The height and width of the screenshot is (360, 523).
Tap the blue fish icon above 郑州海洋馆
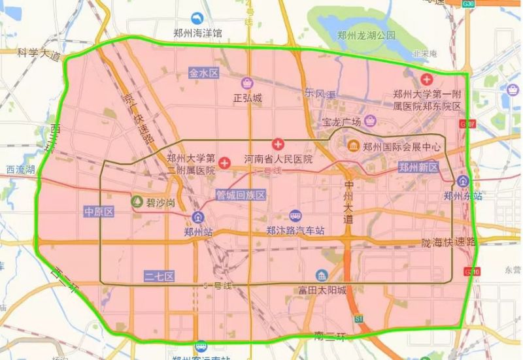coord(195,19)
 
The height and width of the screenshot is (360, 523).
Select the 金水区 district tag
coord(203,73)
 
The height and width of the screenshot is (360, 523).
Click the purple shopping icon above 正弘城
coord(247,83)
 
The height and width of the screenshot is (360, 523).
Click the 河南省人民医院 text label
coord(278,159)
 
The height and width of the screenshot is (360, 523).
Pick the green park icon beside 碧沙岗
coord(137,202)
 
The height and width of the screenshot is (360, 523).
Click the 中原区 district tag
coord(99,211)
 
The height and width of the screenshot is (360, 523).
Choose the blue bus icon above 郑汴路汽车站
coord(296,216)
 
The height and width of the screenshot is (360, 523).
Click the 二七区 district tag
coord(159,276)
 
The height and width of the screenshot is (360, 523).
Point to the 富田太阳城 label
coord(322,290)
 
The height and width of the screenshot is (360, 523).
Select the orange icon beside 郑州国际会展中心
coord(353,146)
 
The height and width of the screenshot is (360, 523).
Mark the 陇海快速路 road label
coord(449,242)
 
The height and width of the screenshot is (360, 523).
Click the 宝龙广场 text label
coord(342,122)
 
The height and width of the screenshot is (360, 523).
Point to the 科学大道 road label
coord(39,54)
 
